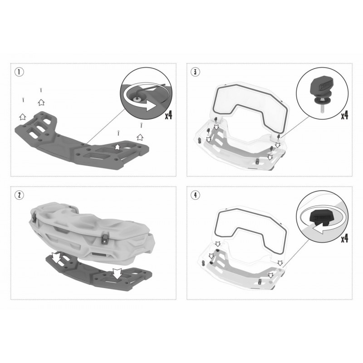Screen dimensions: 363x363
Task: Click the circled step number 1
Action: [19, 72]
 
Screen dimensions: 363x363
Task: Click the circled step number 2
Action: [19, 195]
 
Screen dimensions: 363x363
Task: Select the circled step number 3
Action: [195, 72]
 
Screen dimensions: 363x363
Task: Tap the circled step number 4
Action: [195, 195]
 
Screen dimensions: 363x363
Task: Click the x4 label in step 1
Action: [168, 115]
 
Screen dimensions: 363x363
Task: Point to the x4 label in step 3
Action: [344, 115]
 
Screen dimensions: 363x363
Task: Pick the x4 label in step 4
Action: [344, 238]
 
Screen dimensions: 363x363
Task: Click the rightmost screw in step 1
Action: [141, 125]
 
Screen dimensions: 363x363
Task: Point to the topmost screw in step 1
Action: [41, 89]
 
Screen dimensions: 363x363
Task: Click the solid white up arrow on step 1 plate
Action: [118, 146]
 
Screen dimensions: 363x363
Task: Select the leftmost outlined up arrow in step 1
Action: [22, 117]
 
